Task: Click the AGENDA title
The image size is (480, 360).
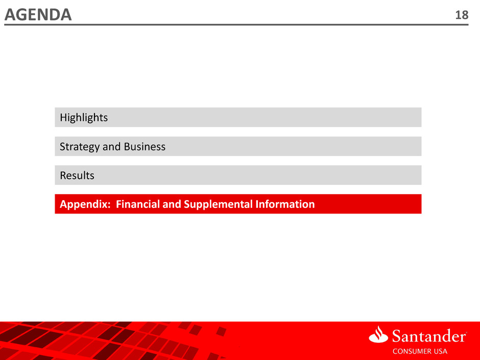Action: point(38,15)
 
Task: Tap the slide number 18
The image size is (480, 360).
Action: point(462,15)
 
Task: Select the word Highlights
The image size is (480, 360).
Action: point(84,117)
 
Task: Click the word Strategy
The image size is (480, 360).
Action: point(80,147)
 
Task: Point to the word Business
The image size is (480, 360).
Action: point(145,147)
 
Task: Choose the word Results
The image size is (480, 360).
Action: point(77,176)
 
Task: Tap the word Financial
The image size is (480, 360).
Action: point(138,204)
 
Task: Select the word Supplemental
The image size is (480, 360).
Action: point(218,204)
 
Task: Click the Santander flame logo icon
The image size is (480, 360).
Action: point(378,334)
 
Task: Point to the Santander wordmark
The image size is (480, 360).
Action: point(429,336)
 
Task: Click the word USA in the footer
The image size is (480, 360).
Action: point(440,351)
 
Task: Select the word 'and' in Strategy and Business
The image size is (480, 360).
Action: point(112,147)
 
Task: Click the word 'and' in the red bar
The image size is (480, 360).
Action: point(172,204)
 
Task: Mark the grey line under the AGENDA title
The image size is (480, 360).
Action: point(236,25)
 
